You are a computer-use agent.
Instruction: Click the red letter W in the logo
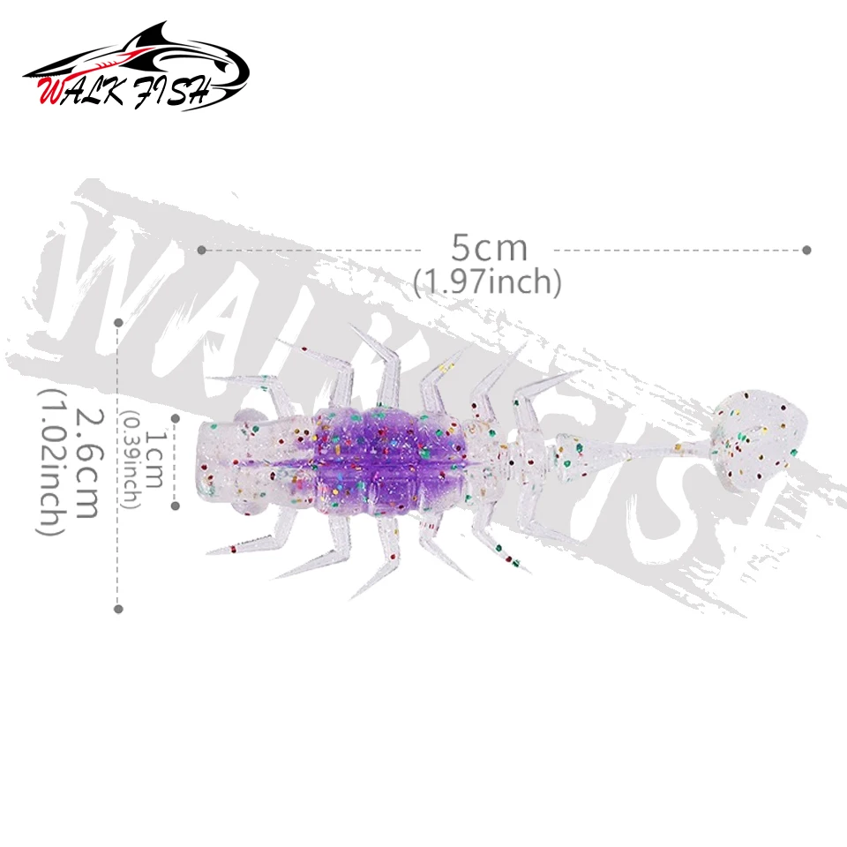pos(51,92)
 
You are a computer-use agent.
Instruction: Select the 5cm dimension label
pos(489,248)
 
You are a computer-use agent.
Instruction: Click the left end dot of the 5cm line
pos(201,250)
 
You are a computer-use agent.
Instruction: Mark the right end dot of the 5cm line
pos(806,250)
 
